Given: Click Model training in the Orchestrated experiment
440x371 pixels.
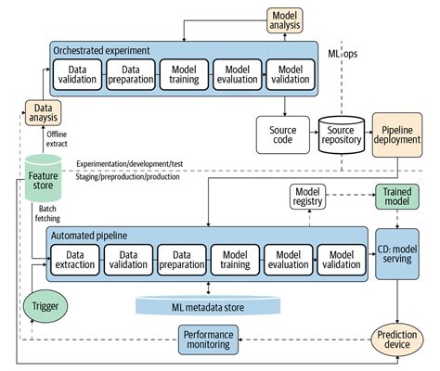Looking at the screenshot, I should tap(186, 75).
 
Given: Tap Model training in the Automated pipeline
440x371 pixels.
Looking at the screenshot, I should tap(239, 259).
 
